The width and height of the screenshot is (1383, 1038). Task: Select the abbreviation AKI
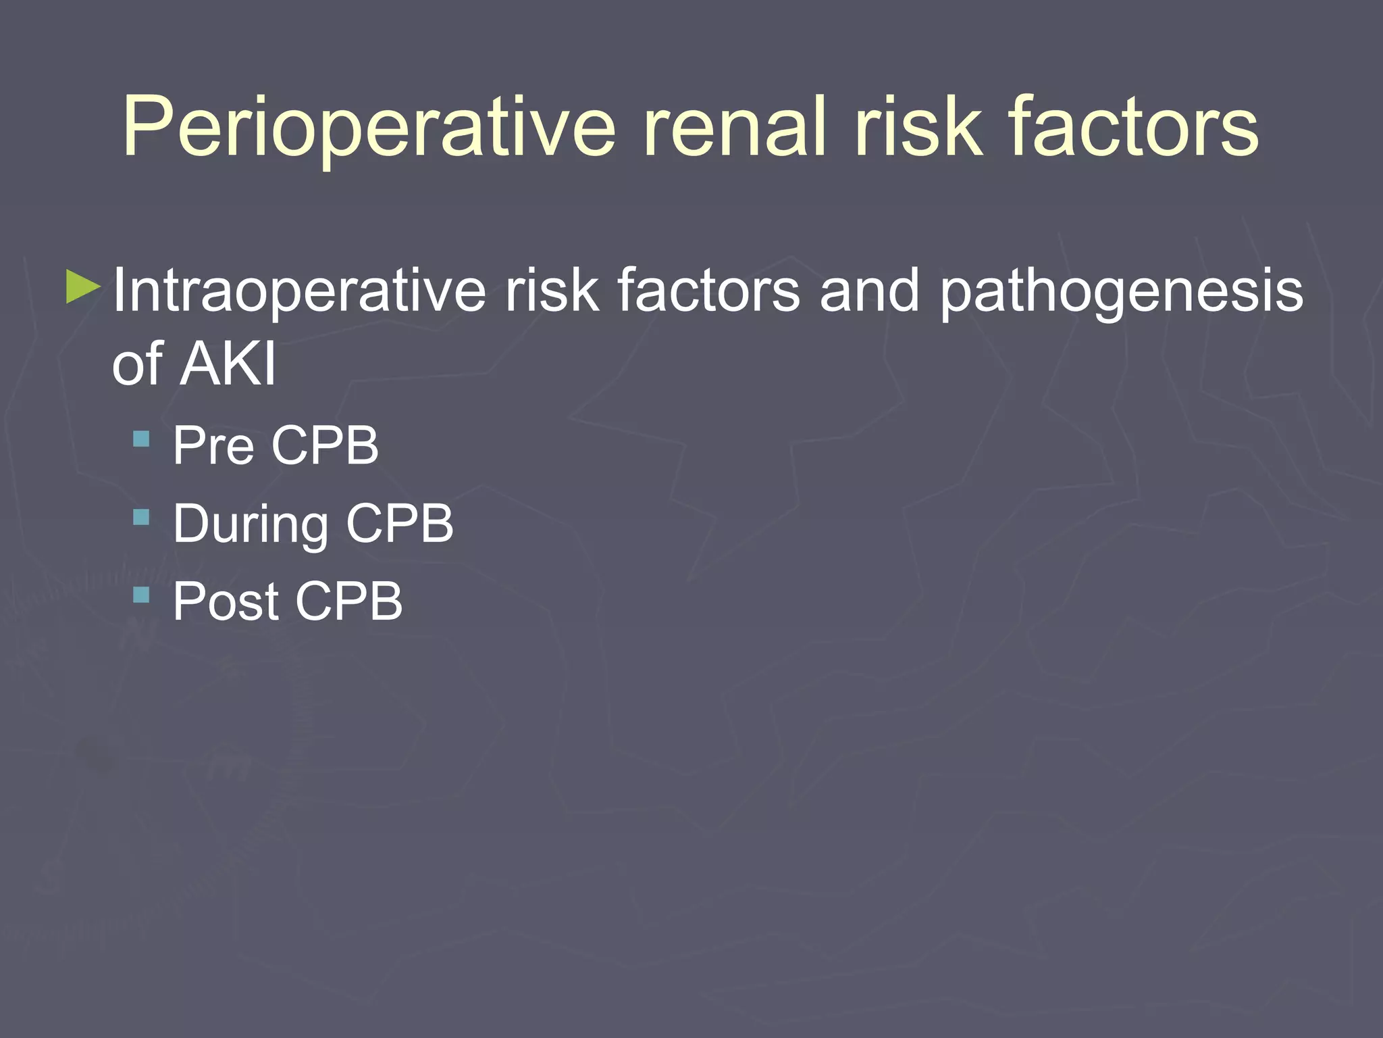pyautogui.click(x=229, y=364)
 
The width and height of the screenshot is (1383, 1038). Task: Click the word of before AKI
pyautogui.click(x=138, y=364)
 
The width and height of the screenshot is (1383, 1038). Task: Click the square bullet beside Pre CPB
pyautogui.click(x=141, y=440)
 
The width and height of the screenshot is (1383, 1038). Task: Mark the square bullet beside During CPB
pyautogui.click(x=141, y=518)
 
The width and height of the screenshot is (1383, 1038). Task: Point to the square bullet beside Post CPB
pyautogui.click(x=141, y=595)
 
